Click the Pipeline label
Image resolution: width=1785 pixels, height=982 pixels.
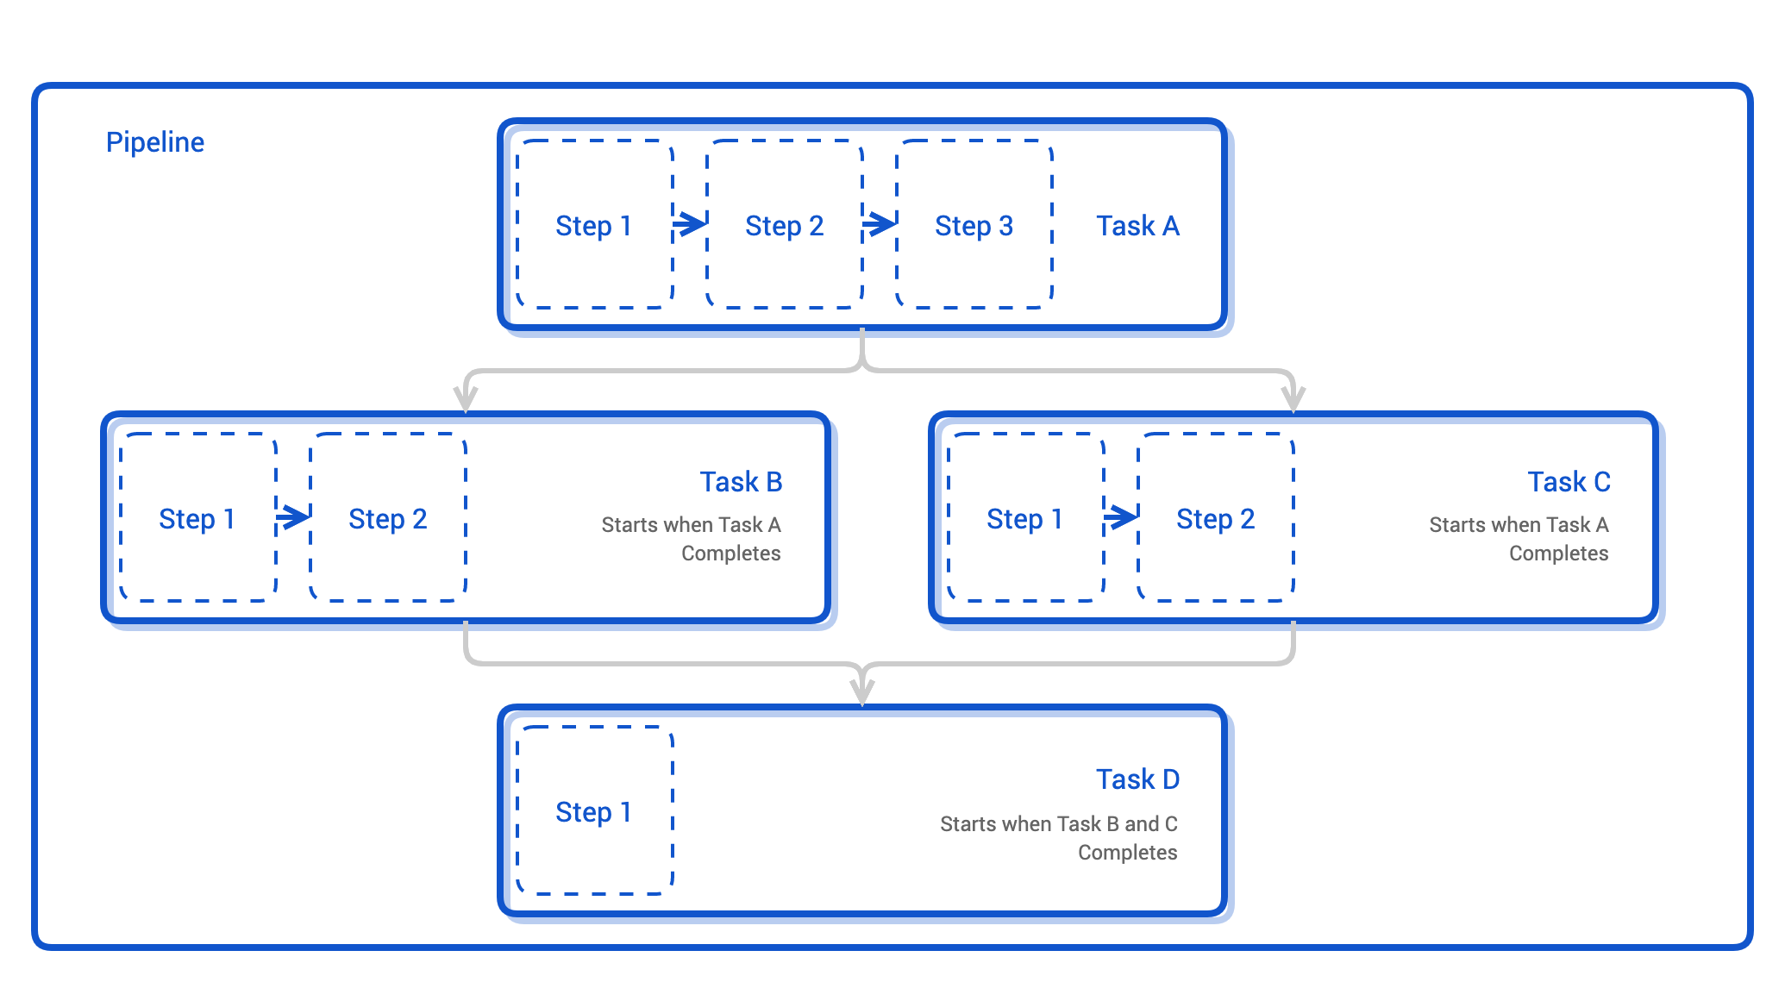[155, 142]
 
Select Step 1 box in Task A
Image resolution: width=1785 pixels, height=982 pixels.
[594, 225]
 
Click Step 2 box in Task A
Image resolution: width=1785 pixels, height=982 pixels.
[784, 225]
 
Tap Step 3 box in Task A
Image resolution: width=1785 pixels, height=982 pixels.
[974, 225]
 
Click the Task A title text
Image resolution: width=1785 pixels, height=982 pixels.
[1137, 226]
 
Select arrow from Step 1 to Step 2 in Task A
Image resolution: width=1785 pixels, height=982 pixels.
[690, 224]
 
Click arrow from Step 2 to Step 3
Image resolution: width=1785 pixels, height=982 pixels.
[880, 224]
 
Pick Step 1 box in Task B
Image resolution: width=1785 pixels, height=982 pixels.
[197, 518]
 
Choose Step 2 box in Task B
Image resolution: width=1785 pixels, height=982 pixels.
[387, 518]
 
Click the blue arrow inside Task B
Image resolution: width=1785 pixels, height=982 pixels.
[293, 517]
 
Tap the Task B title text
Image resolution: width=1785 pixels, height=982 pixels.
[741, 482]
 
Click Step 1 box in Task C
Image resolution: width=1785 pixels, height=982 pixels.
[1025, 518]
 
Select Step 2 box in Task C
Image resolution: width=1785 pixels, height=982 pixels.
[1215, 518]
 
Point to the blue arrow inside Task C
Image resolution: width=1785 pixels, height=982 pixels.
[1121, 517]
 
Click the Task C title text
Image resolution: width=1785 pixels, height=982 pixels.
[1569, 482]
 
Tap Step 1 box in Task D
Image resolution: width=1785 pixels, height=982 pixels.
[594, 811]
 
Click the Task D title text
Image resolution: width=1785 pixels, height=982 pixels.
[1137, 779]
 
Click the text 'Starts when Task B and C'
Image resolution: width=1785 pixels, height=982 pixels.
[1058, 824]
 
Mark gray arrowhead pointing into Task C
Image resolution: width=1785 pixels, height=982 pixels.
[1293, 399]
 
